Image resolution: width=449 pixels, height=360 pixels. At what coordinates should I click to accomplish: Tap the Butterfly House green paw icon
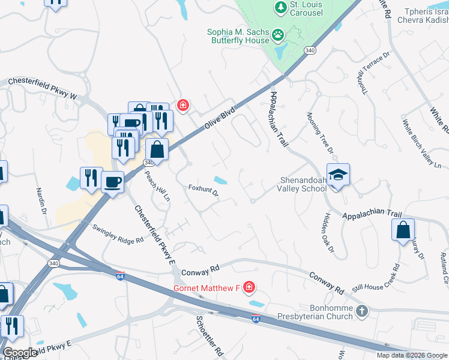click(278, 36)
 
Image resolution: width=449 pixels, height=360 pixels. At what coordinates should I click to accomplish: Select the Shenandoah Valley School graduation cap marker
click(338, 175)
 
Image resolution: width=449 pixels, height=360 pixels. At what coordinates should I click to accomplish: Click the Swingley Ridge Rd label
click(118, 233)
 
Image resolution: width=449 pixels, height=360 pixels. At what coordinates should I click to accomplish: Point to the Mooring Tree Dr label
click(319, 133)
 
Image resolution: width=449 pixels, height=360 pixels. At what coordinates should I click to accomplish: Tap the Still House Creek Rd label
click(376, 276)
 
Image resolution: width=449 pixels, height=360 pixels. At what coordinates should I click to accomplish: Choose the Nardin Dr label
click(41, 201)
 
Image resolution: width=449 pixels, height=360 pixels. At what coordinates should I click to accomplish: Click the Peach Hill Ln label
click(157, 185)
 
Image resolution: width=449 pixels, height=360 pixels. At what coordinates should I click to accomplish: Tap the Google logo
click(20, 353)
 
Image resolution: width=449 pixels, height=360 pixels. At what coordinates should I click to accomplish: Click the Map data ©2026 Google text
click(412, 355)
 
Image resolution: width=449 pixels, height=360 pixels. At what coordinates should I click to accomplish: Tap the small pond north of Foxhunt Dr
click(220, 179)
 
